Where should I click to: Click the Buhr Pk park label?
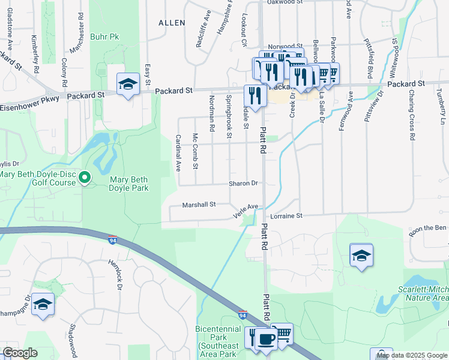tap(104, 37)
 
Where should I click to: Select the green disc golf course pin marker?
tap(85, 177)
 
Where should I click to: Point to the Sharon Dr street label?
tap(243, 184)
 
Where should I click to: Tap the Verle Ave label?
tap(246, 210)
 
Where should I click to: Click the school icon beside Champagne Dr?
tap(42, 304)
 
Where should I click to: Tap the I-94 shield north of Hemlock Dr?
tap(113, 240)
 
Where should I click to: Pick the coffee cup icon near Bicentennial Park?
tap(266, 338)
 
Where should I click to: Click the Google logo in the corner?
tap(19, 353)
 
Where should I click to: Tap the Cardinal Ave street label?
tap(178, 152)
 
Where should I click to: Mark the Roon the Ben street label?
tap(428, 227)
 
